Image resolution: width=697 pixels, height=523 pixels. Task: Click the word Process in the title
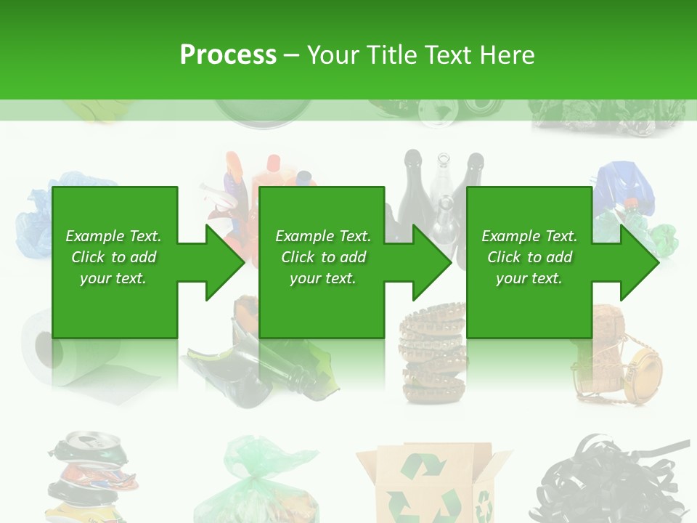pyautogui.click(x=228, y=55)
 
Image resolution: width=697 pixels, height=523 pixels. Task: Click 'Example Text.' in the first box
pyautogui.click(x=113, y=236)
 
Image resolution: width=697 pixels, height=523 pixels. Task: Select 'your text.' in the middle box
pyautogui.click(x=323, y=278)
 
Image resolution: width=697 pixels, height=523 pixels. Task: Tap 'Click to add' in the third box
pyautogui.click(x=529, y=257)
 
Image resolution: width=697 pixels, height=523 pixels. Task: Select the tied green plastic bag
pyautogui.click(x=265, y=479)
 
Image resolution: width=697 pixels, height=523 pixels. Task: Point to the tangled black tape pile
pyautogui.click(x=610, y=479)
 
